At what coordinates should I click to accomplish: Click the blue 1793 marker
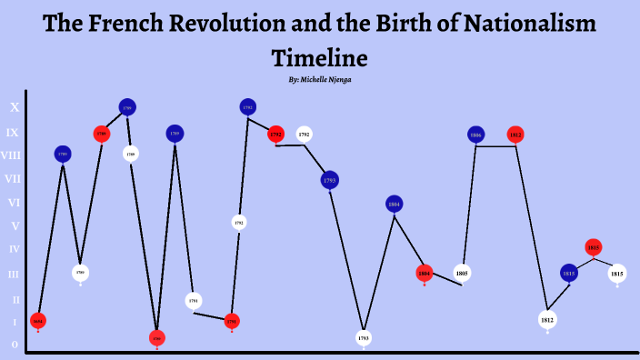(330, 180)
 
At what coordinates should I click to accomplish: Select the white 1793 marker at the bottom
(364, 338)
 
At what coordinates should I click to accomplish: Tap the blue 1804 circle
(394, 205)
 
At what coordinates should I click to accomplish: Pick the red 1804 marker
(425, 273)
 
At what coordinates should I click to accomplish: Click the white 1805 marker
(462, 273)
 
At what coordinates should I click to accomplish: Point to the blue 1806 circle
(475, 135)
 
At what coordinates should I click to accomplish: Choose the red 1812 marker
(515, 135)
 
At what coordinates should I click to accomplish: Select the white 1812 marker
(547, 320)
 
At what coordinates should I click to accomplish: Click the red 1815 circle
(594, 246)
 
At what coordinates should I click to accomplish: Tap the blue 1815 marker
(569, 273)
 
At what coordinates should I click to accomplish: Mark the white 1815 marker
(617, 273)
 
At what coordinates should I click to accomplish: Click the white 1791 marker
(194, 300)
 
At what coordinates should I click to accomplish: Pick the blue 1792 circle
(247, 107)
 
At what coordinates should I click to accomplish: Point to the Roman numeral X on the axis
(14, 107)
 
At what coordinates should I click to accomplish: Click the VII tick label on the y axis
(14, 179)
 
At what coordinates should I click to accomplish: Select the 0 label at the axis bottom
(14, 345)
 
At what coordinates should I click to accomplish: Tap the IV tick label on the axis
(14, 249)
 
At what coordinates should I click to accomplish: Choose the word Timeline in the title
(319, 59)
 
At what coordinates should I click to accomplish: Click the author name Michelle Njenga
(326, 80)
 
